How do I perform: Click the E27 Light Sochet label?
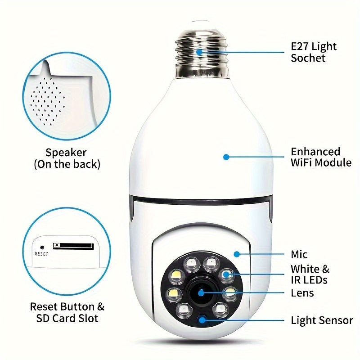tap(314, 52)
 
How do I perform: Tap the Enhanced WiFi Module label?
tap(321, 157)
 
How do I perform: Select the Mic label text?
tap(299, 255)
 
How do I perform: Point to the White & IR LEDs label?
tap(310, 274)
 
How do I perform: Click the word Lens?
tap(302, 293)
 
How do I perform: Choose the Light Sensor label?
tap(322, 320)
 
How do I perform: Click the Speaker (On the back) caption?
tap(67, 158)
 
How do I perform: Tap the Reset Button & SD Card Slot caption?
tap(67, 313)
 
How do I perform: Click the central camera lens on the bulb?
tap(200, 293)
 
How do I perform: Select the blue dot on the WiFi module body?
tap(226, 157)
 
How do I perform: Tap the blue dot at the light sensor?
tap(202, 320)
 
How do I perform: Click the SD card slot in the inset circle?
tap(73, 246)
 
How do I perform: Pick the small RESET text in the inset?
tap(41, 253)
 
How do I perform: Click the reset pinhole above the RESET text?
tap(42, 247)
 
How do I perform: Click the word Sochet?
tap(308, 58)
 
